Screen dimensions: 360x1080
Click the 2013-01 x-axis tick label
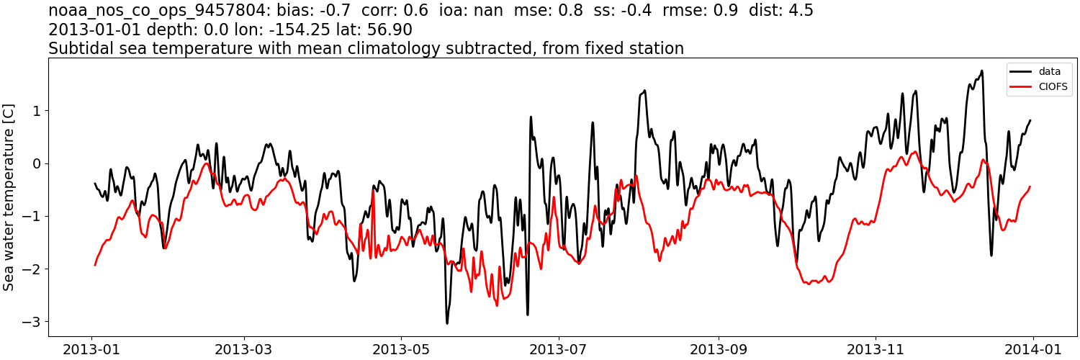point(92,348)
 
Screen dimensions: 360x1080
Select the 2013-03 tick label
point(244,348)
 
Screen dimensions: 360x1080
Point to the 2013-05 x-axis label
point(401,348)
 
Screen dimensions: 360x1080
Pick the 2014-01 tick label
point(1032,348)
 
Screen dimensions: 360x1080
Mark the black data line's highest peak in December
point(981,71)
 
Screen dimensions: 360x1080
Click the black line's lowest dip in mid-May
point(446,323)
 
